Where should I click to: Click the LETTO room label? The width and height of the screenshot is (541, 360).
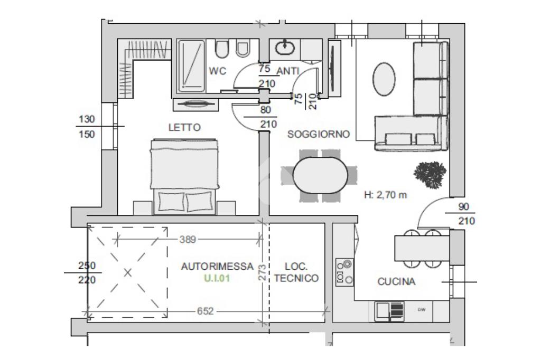click(184, 128)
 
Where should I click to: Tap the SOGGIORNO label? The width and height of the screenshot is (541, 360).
click(319, 134)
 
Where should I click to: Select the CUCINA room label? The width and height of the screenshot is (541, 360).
click(396, 282)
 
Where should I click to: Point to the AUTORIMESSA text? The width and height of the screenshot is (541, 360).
click(217, 266)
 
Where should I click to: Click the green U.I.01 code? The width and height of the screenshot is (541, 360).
click(217, 278)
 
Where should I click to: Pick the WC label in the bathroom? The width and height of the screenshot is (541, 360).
click(217, 71)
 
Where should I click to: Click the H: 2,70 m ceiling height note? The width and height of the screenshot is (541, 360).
click(385, 195)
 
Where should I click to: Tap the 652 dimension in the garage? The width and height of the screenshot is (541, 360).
click(206, 311)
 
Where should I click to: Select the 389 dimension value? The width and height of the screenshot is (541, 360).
click(188, 239)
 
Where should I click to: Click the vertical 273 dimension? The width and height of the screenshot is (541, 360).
click(263, 272)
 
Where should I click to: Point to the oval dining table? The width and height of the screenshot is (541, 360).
click(320, 175)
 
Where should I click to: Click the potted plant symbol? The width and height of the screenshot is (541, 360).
click(430, 175)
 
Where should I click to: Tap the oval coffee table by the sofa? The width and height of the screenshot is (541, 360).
click(384, 79)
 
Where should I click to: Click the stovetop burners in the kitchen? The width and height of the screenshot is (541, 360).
click(344, 272)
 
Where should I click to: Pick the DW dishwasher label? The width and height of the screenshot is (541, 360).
click(421, 310)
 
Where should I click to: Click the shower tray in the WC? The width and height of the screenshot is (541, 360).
click(191, 66)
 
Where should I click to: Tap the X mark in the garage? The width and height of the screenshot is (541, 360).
click(128, 273)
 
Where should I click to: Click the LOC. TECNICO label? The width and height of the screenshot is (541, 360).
click(296, 272)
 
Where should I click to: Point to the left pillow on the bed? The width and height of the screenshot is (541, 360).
click(171, 202)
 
